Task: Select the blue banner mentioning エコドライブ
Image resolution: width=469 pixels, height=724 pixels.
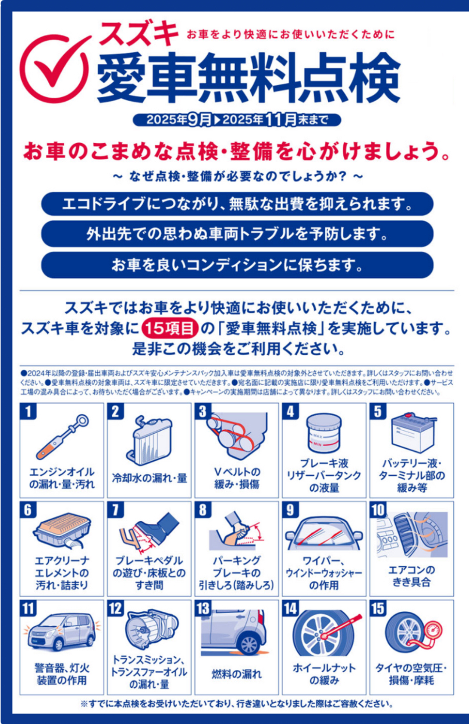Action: (237, 204)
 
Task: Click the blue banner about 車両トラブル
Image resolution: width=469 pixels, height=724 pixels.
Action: (237, 234)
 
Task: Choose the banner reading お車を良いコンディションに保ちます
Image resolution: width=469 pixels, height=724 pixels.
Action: (237, 265)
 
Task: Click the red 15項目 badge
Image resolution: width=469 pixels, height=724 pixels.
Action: (169, 329)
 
